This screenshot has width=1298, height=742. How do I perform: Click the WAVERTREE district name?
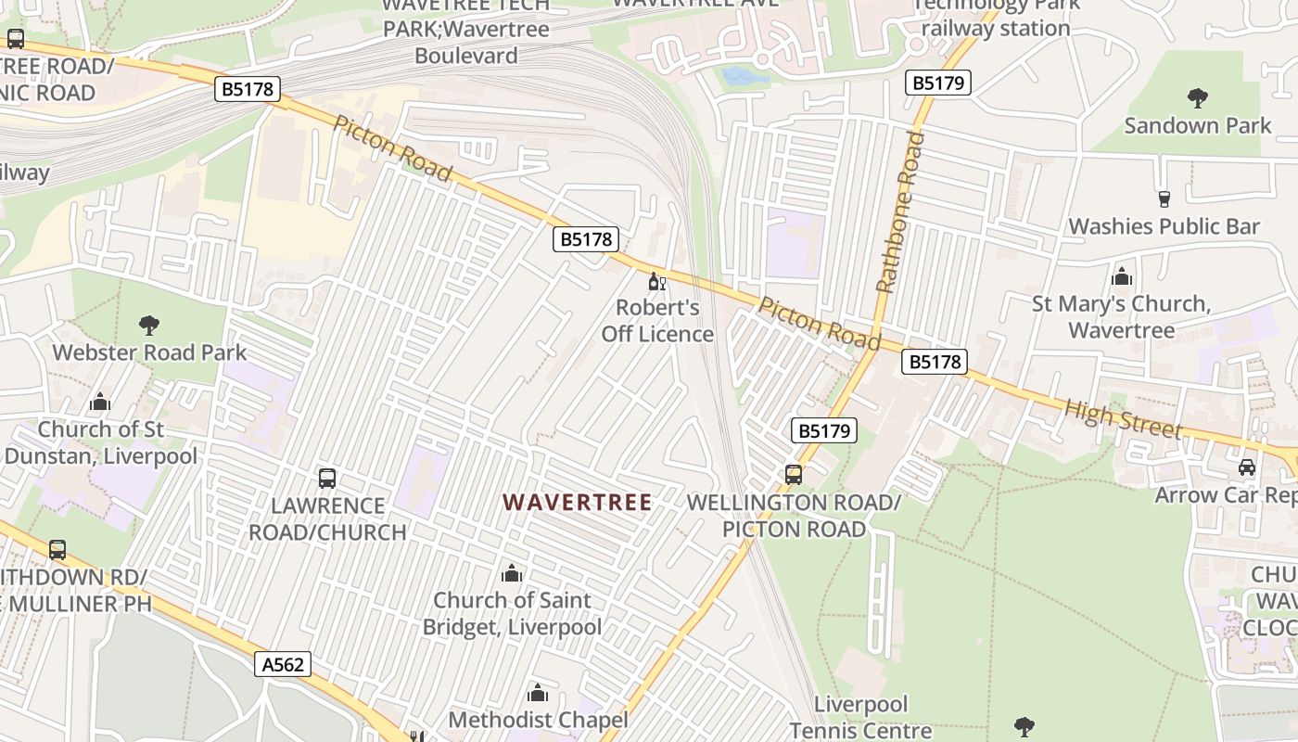coord(577,502)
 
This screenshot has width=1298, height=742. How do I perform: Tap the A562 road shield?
coord(282,664)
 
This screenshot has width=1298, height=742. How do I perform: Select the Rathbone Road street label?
coord(898,212)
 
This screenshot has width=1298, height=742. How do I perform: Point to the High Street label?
coord(1123,419)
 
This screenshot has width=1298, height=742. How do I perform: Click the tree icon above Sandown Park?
coord(1198,97)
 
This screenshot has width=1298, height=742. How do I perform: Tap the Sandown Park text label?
coord(1198,125)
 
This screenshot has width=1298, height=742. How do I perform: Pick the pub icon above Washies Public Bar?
coord(1164,198)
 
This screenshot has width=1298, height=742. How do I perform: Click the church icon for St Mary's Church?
coord(1121,276)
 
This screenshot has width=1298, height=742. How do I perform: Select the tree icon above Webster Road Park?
coord(148,325)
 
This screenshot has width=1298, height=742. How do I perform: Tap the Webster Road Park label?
coord(149,352)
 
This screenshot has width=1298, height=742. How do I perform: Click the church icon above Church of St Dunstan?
coord(100,402)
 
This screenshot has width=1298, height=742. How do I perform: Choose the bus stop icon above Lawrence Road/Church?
coord(327,479)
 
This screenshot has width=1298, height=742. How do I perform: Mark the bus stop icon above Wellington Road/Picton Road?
coord(794,475)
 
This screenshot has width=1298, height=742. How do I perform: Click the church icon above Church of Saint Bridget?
coord(512,573)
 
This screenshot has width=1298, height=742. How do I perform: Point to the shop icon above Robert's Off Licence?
coord(656,281)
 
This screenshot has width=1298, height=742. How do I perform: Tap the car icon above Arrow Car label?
coord(1247,467)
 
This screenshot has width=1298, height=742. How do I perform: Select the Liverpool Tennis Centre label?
coord(861,718)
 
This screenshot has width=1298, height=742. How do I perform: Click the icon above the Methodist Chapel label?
coord(538,693)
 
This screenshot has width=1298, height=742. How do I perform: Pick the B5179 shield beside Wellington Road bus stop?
coord(823,430)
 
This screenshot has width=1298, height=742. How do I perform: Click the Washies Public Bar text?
coord(1164,226)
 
